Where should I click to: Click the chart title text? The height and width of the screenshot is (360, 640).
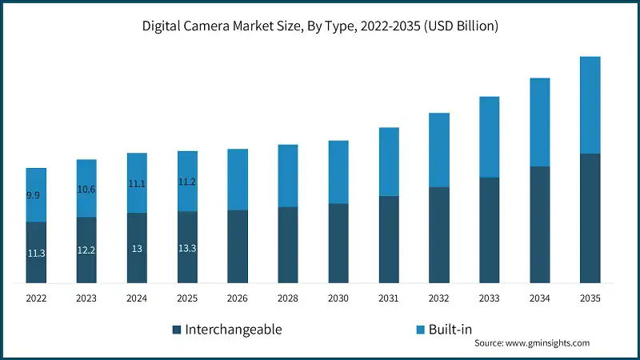[320, 26]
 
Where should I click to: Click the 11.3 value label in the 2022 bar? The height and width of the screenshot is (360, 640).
[36, 253]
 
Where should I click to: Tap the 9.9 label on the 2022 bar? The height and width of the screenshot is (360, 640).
[33, 195]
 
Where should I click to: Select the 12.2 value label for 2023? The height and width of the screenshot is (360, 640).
[86, 250]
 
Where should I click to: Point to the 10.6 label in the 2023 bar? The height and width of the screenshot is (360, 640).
[86, 189]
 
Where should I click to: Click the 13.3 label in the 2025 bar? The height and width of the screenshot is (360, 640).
[187, 248]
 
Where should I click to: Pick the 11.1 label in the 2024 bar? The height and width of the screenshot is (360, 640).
[137, 184]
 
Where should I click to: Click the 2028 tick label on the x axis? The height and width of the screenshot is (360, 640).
[288, 298]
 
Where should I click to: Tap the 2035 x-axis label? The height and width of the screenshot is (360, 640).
[590, 298]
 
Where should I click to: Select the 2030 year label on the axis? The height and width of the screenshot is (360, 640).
[338, 298]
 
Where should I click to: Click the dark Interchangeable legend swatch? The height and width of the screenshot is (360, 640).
[176, 330]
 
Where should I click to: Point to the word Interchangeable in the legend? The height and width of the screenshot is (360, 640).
[233, 330]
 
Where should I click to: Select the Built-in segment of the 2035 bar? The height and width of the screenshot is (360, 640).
[590, 105]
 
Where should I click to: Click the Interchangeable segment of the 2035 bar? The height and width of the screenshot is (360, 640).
[590, 218]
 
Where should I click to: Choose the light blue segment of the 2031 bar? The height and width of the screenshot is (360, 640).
[389, 162]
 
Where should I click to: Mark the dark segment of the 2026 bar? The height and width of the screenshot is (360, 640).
[238, 246]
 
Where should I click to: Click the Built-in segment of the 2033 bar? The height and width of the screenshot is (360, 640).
[490, 137]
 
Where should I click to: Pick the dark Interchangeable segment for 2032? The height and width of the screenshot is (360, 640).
[439, 235]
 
